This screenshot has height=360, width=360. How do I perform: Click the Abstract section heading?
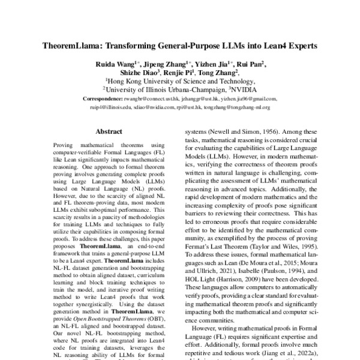(x=109, y=131)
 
